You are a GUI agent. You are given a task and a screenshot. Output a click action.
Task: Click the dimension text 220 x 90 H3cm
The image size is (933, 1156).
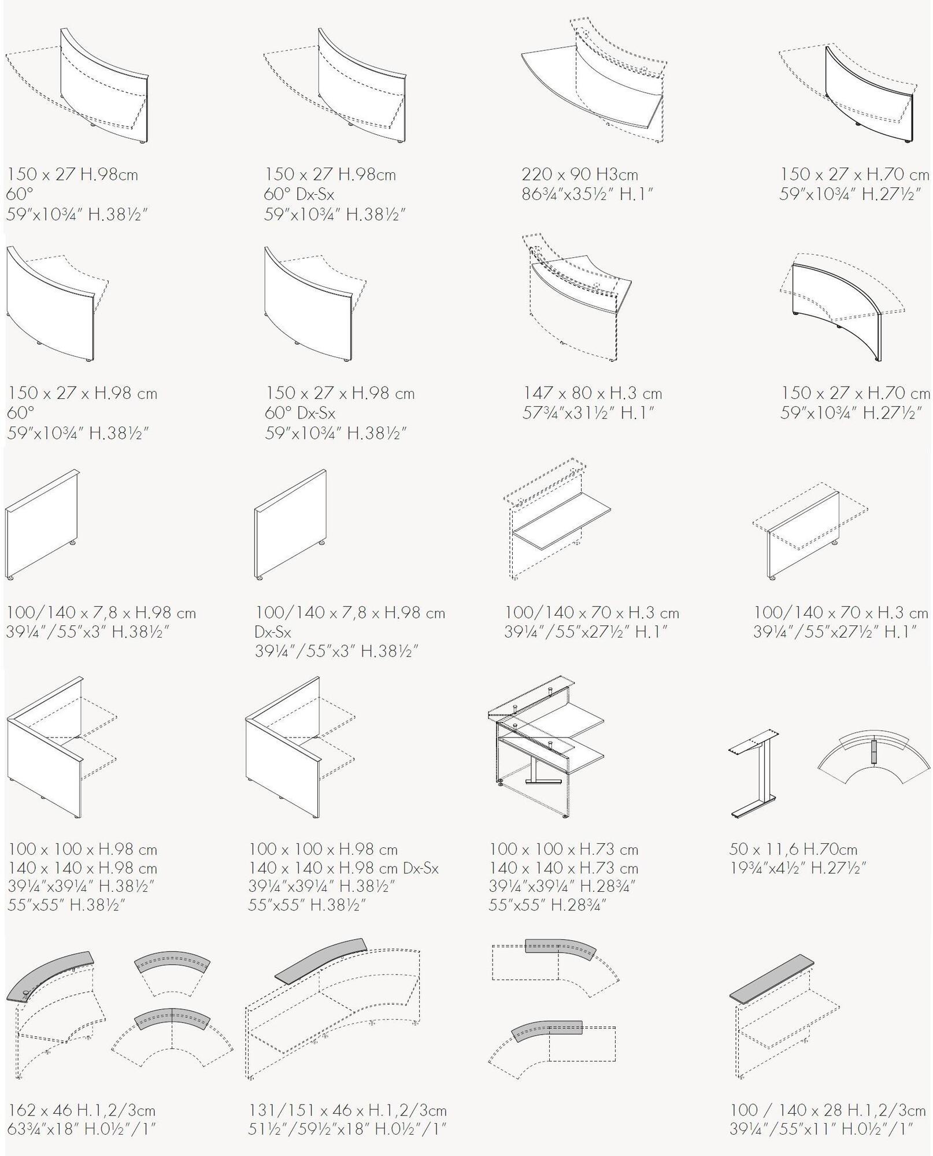580,175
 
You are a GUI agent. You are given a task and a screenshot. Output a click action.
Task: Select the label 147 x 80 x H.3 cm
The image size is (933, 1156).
593,394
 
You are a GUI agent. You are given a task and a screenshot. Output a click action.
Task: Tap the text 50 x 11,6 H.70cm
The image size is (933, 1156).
793,849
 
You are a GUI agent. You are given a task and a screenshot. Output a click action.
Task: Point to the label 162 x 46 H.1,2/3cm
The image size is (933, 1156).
82,1110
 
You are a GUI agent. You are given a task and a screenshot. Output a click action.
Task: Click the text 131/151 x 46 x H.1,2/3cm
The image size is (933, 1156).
347,1110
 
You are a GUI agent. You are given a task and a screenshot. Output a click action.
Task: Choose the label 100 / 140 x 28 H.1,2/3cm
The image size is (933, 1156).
828,1110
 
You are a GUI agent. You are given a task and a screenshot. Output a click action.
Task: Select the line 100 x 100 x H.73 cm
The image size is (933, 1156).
564,849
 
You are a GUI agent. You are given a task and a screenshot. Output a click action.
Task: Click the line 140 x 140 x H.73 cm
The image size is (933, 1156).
564,868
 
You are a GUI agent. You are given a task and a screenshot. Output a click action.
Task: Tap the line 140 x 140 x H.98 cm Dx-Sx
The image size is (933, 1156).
343,868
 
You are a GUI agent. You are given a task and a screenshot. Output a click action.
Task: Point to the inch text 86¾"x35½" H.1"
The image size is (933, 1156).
587,194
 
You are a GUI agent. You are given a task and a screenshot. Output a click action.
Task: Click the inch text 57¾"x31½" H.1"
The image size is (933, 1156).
588,413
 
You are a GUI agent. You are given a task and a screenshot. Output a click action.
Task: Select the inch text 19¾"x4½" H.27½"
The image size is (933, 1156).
797,868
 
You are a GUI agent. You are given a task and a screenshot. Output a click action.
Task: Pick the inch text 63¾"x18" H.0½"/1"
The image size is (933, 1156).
82,1129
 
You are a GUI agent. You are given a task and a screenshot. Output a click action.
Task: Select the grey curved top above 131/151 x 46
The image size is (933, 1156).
320,960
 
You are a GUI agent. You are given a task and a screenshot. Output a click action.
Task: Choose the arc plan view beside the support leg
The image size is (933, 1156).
874,757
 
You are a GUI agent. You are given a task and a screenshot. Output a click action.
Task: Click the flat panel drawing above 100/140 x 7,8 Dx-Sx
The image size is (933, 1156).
291,524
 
